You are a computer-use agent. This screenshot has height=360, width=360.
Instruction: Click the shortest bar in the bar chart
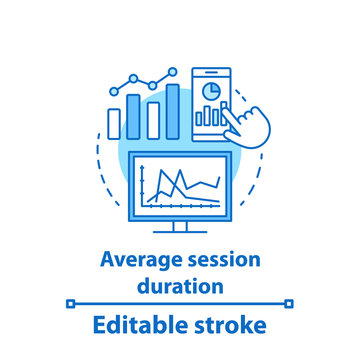114,122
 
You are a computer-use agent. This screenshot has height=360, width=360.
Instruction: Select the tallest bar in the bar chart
173,111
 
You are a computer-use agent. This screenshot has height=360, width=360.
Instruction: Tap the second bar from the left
134,116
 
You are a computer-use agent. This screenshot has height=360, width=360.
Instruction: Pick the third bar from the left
154,119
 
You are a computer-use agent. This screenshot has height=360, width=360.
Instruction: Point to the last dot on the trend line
172,72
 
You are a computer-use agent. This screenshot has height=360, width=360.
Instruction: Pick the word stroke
233,325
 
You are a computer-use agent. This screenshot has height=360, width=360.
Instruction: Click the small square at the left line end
70,303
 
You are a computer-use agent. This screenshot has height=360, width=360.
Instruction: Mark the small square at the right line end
290,303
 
